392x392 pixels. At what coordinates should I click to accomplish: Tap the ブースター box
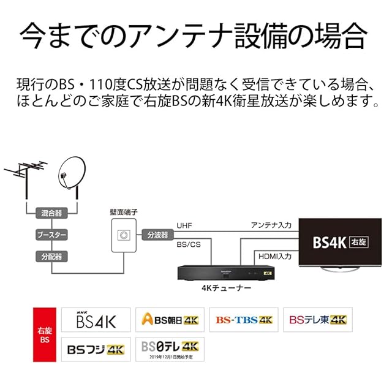pos(51,235)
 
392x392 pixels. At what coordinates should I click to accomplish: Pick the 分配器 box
pos(51,257)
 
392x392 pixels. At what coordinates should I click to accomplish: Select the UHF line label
pos(184,225)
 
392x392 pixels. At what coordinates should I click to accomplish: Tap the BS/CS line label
pos(188,244)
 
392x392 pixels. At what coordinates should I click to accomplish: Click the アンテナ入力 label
pos(271,225)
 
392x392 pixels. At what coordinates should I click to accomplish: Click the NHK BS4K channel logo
pos(96,320)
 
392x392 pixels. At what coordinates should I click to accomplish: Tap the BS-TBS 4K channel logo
pos(243,320)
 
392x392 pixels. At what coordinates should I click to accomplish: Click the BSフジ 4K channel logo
pos(96,349)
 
